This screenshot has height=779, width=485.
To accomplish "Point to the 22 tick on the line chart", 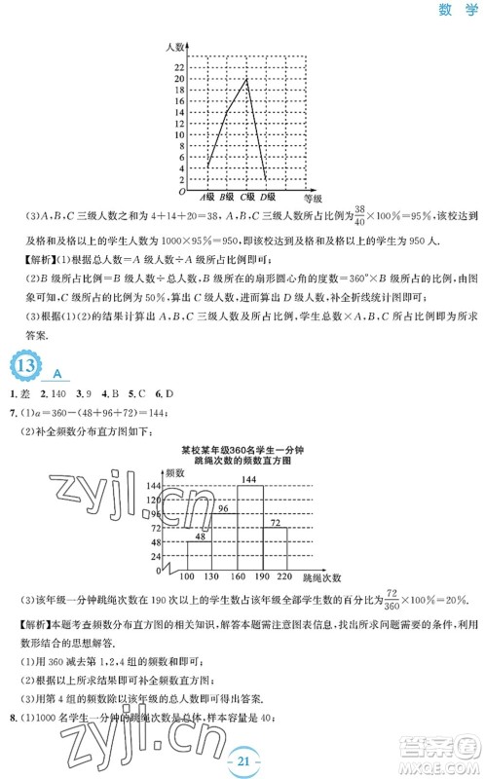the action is (179, 66).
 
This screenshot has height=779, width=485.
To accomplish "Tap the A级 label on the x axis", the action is (207, 198).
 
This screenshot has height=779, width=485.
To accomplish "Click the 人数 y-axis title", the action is (175, 47).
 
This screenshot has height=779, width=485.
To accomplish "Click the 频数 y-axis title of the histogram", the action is (176, 472).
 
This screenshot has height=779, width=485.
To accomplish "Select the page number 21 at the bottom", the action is (242, 759).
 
